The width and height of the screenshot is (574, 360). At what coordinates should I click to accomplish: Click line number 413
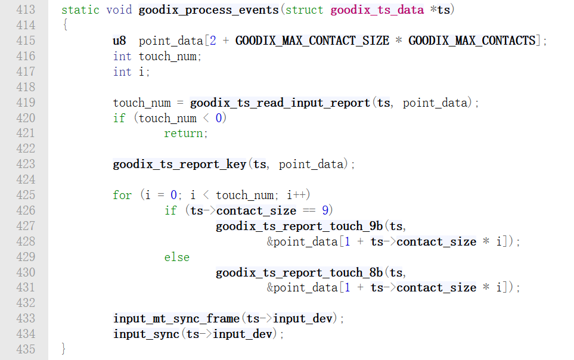(x=26, y=10)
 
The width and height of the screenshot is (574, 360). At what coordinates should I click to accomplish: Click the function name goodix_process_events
(x=208, y=10)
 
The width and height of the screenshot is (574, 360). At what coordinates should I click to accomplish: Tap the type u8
(x=119, y=41)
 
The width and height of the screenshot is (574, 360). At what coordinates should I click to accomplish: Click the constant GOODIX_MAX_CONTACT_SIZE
(x=312, y=41)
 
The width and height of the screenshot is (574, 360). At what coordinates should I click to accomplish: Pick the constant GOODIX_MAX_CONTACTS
(x=471, y=41)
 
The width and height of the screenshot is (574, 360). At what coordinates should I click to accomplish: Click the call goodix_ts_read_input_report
(x=280, y=103)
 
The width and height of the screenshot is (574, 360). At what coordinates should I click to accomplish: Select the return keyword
(x=186, y=134)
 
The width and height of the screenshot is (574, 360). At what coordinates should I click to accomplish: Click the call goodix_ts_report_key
(x=179, y=165)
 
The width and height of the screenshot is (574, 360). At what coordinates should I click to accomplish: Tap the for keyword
(x=122, y=195)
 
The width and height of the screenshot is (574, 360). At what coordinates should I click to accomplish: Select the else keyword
(x=177, y=257)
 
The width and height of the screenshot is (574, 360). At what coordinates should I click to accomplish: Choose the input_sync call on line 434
(x=146, y=334)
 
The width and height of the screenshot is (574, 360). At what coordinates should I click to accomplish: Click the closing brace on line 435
(x=64, y=349)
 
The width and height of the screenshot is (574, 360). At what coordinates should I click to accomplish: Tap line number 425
(x=26, y=195)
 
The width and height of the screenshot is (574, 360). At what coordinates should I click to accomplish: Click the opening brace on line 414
(x=64, y=26)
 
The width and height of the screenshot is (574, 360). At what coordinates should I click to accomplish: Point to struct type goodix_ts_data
(x=376, y=10)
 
